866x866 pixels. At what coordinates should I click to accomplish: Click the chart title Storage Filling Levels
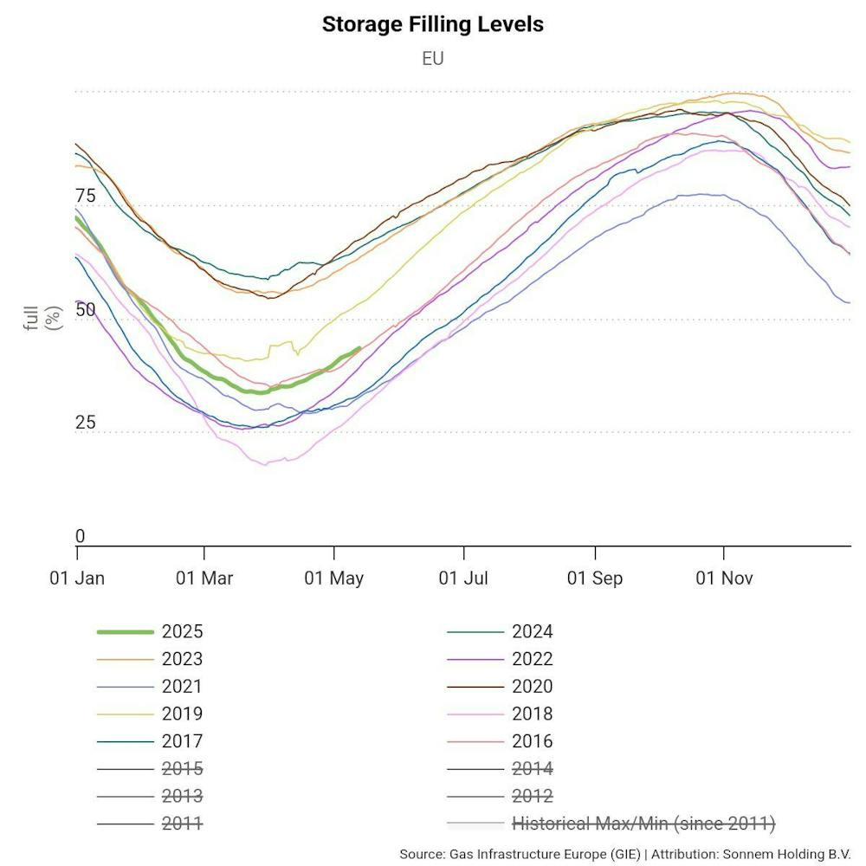(432, 24)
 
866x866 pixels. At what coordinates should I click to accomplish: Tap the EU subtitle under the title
(432, 59)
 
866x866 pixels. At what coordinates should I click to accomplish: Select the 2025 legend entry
(182, 632)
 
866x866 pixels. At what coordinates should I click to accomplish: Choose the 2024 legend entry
(532, 632)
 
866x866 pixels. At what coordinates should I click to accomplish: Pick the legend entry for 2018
(532, 714)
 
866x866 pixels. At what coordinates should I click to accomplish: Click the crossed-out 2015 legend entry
(182, 769)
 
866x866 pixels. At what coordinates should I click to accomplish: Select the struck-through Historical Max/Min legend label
(643, 824)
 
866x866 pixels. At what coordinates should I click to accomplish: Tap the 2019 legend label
(182, 714)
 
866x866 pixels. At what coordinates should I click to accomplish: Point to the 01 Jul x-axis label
(465, 578)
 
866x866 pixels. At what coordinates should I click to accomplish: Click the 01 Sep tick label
(595, 578)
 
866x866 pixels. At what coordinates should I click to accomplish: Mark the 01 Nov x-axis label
(724, 578)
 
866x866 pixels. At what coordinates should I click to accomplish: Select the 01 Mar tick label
(204, 578)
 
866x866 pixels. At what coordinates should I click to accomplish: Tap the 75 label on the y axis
(86, 196)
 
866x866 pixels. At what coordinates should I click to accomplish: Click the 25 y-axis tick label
(86, 423)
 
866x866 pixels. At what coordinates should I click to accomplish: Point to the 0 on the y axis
(81, 537)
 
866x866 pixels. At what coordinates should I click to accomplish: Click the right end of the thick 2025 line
(359, 348)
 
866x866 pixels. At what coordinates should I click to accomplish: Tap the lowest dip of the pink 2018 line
(263, 464)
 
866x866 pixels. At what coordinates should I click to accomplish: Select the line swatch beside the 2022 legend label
(475, 660)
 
